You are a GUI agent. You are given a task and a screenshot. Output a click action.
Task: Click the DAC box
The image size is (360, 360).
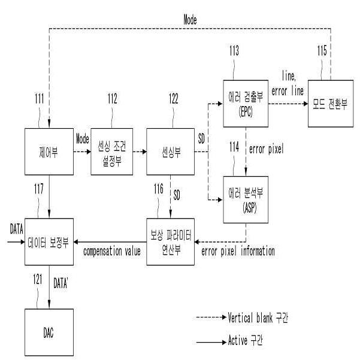coord(49,332)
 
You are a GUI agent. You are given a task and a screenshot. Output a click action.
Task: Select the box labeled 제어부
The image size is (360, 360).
coord(49,152)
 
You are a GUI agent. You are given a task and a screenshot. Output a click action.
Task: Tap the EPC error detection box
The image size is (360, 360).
coord(246,104)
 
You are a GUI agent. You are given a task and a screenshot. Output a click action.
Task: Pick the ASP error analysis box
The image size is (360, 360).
coord(246,199)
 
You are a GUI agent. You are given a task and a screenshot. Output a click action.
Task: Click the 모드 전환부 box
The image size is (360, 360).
coord(331,104)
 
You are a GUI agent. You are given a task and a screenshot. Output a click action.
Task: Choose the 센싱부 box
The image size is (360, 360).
coord(170,152)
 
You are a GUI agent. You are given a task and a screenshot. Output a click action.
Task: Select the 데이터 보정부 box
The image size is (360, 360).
coord(49,242)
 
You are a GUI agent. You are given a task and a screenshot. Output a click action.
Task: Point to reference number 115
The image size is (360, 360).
coord(322,51)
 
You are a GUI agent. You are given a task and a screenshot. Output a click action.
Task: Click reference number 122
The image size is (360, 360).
coord(174,99)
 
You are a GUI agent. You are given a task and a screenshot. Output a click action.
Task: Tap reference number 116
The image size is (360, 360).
coord(159,189)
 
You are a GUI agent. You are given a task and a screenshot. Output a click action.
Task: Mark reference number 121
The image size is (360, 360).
coord(38,279)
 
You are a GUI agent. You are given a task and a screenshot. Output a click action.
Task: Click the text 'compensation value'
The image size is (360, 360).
coord(112,251)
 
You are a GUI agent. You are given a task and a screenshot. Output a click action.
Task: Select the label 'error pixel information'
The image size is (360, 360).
coord(238,251)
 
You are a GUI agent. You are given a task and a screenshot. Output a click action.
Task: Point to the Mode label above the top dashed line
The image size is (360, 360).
coord(190,20)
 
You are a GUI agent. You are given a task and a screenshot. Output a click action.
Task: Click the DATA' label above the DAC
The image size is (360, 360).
coord(60,283)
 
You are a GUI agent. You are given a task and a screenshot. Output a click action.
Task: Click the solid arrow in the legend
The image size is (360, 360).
coord(211,342)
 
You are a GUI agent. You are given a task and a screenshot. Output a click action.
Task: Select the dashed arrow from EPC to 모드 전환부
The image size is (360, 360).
coord(288,104)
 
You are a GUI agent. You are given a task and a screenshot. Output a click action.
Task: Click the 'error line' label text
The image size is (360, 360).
coord(288,91)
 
